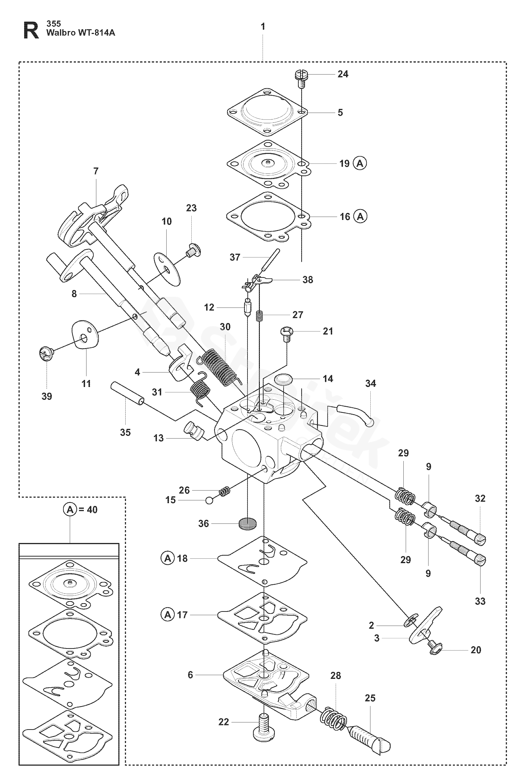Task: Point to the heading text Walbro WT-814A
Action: [80, 33]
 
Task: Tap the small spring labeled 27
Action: [259, 316]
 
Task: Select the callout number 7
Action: [96, 171]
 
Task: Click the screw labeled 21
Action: [286, 333]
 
